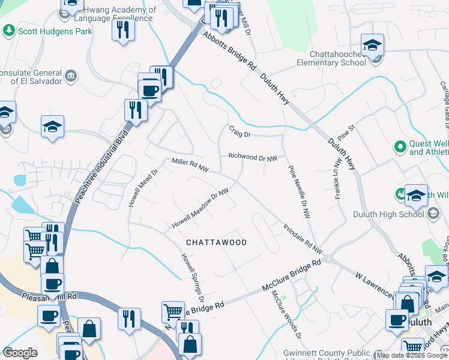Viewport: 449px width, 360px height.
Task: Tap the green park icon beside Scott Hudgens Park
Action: (8, 29)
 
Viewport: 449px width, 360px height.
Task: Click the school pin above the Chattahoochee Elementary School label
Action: (372, 46)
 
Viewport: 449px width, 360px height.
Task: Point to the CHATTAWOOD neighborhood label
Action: (216, 242)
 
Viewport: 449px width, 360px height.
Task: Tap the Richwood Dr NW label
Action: (252, 157)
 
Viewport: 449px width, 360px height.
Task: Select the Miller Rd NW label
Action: (190, 163)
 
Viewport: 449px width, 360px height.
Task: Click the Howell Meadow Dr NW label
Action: (201, 208)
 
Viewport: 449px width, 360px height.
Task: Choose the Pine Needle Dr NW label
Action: (298, 196)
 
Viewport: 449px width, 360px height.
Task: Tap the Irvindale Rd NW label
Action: (303, 239)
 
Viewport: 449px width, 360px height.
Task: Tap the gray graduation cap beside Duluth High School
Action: (433, 214)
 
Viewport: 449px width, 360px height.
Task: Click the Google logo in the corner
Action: (20, 353)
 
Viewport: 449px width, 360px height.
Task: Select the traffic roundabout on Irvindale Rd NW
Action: (328, 260)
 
